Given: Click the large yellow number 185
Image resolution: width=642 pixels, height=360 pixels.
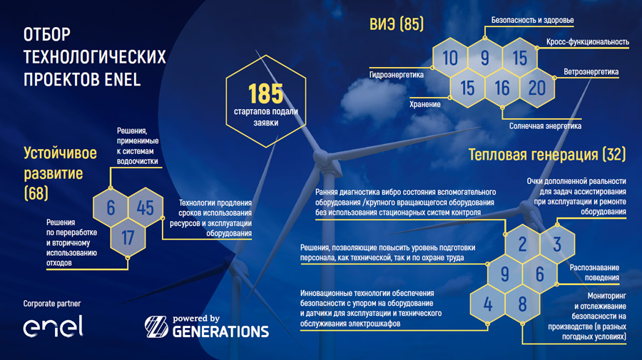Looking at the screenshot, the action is click(x=266, y=93).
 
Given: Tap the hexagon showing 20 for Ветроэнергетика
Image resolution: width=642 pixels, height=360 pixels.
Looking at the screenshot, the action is click(x=537, y=88).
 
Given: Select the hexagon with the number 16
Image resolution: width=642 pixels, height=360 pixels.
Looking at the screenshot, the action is click(x=502, y=88).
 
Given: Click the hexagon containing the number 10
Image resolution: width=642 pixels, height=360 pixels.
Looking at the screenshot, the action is click(x=450, y=58).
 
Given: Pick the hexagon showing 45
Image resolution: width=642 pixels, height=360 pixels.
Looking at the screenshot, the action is click(x=146, y=207).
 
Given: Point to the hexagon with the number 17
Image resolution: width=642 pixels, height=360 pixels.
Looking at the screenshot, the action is click(x=128, y=237).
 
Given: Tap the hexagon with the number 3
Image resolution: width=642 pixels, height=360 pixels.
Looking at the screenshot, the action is click(x=557, y=245).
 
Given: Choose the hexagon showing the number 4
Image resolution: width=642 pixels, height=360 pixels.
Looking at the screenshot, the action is click(x=488, y=304).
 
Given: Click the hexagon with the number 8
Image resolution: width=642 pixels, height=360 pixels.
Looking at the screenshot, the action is click(x=522, y=304).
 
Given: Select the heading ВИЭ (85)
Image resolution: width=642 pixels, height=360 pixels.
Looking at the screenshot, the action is click(x=397, y=24).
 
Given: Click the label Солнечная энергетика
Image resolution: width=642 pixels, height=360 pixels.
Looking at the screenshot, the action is click(x=545, y=126).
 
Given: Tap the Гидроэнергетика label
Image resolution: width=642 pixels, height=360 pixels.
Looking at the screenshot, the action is click(x=397, y=75).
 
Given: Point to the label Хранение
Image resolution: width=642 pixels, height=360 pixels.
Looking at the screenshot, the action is click(x=425, y=104).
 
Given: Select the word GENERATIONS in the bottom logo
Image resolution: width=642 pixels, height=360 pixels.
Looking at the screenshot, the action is click(x=220, y=331).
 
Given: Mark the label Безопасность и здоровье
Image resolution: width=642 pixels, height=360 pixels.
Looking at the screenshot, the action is click(x=532, y=20).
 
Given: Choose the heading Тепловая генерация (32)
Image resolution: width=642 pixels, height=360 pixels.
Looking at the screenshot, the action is click(x=547, y=155).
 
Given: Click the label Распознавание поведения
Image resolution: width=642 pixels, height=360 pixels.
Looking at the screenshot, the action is click(x=594, y=272).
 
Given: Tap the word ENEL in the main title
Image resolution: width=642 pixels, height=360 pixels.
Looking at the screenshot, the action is click(x=123, y=79).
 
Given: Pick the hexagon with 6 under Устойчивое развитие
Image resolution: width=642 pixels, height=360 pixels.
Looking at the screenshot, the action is click(x=111, y=207).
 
